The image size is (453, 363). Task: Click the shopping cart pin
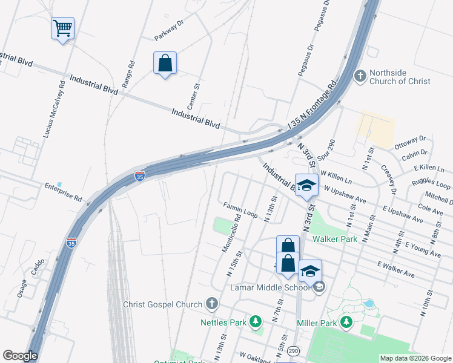tap(63, 28)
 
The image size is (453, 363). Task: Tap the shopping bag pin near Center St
tap(165, 63)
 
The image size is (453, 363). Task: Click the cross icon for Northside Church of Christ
tap(360, 76)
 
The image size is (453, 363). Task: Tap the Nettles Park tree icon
tap(256, 321)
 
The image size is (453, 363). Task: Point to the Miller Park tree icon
tap(346, 322)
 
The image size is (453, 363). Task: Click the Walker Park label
tap(332, 239)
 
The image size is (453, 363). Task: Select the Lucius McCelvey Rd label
tap(53, 108)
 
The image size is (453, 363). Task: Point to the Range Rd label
tap(128, 74)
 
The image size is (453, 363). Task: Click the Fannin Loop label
tap(240, 210)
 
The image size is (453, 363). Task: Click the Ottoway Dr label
tap(411, 142)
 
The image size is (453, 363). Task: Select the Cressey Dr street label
tap(388, 178)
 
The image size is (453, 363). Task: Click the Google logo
tap(20, 356)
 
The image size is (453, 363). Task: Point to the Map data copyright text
tap(415, 358)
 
